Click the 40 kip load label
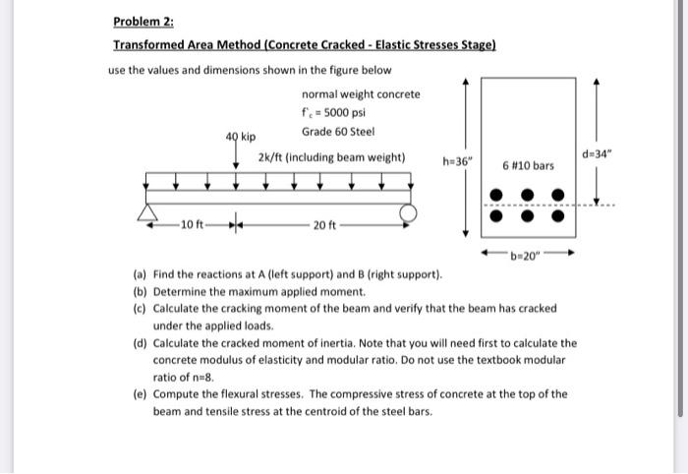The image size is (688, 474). (241, 136)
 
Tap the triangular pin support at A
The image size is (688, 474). (149, 214)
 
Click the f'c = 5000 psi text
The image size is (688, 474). (334, 112)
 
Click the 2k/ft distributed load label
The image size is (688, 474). (331, 156)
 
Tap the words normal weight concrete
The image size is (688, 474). (360, 93)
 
